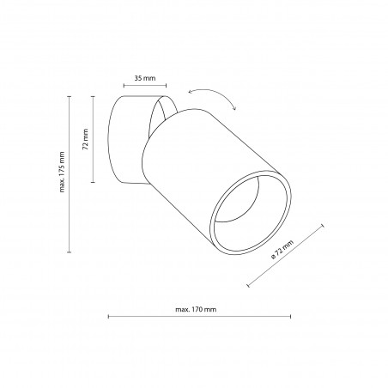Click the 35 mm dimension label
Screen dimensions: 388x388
coord(145,78)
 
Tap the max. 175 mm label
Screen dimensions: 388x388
coord(62,172)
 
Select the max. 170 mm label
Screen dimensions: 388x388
coord(196,309)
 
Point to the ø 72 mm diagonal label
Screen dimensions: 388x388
coord(282,250)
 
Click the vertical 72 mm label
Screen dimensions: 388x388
coord(85,139)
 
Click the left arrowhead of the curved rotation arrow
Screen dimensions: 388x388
coord(190,92)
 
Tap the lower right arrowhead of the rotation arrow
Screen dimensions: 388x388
coord(234,108)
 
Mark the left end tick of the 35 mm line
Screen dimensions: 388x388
coord(124,85)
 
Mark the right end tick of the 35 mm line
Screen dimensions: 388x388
coord(166,85)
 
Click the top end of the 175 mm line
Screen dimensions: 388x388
coord(69,97)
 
